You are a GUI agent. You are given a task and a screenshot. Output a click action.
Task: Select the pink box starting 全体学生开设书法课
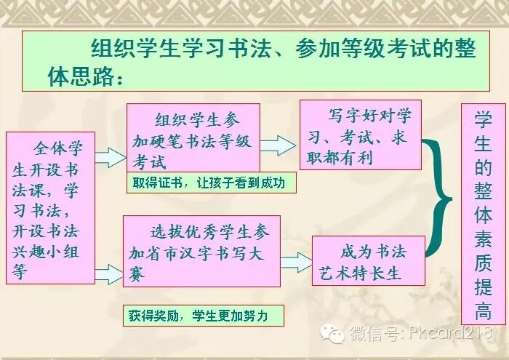click(50, 207)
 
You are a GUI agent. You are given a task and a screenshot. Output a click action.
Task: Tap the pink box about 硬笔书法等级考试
click(193, 138)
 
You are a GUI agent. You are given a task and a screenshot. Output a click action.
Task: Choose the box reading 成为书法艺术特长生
click(368, 260)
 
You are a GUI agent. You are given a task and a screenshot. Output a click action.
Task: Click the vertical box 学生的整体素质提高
click(483, 213)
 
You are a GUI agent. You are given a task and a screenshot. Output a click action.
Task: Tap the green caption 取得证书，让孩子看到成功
click(211, 183)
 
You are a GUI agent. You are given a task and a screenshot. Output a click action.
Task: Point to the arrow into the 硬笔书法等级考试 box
click(111, 156)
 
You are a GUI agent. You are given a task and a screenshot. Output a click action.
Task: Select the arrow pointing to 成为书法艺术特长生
click(295, 262)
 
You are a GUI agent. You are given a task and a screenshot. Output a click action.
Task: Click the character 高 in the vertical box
click(483, 311)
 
